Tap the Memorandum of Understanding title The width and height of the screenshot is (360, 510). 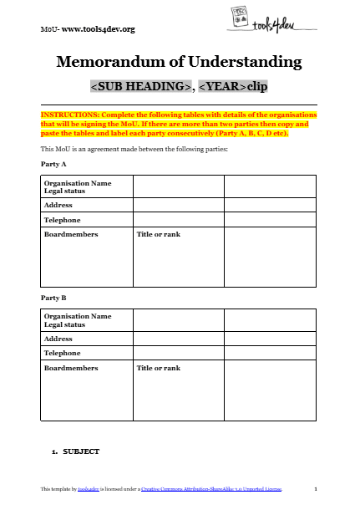pos(179,62)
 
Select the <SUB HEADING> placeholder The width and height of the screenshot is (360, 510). pos(141,86)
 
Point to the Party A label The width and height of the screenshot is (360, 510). pos(53,165)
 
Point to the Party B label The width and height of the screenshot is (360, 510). pos(53,298)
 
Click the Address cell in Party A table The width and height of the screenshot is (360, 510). pos(58,205)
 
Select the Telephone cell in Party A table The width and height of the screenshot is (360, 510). pos(63,220)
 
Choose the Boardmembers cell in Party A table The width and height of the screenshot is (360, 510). pos(71,235)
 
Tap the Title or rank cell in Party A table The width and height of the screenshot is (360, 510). pos(158,235)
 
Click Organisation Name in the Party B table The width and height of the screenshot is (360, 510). pos(77,317)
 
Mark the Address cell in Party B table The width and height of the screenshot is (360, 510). pos(58,339)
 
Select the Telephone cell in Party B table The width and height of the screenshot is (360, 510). pos(63,354)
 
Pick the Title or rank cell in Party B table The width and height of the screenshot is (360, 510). pos(158,368)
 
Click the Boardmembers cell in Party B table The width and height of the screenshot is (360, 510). pos(71,368)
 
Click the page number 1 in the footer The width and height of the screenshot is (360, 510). pos(315,487)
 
